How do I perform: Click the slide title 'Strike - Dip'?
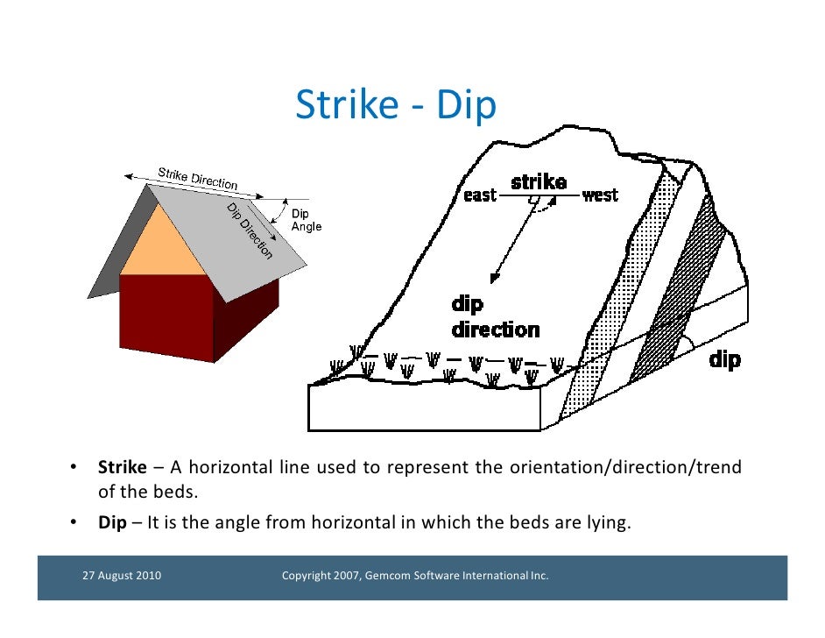click(x=396, y=105)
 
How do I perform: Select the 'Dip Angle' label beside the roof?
click(x=306, y=220)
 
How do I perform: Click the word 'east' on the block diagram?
click(x=480, y=195)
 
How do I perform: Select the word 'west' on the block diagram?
click(x=600, y=195)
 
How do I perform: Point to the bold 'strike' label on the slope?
click(x=538, y=181)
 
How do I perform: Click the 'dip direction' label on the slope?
click(x=495, y=317)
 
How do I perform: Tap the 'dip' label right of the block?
click(x=723, y=358)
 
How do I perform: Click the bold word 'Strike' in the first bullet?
click(x=122, y=467)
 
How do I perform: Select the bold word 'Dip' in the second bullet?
click(x=111, y=524)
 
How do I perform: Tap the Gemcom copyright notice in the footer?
click(x=414, y=576)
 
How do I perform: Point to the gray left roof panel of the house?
click(x=118, y=245)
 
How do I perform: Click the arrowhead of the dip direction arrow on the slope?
click(x=494, y=278)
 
